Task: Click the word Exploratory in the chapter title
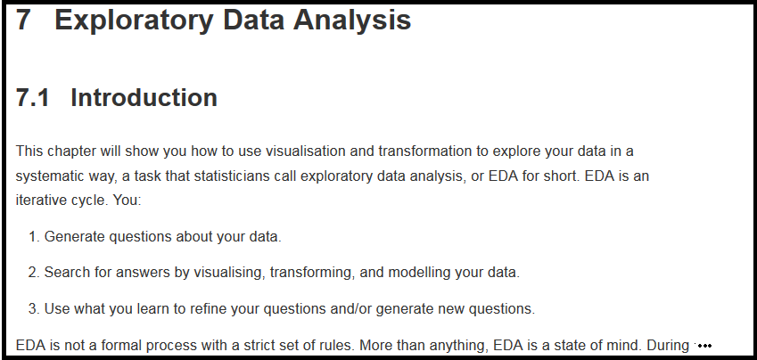[x=134, y=21]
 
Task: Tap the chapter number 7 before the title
[x=24, y=20]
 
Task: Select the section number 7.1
[x=32, y=97]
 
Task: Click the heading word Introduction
[x=144, y=97]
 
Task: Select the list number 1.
[x=34, y=237]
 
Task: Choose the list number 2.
[x=34, y=273]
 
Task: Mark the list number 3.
[x=34, y=309]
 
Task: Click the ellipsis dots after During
[x=704, y=346]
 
